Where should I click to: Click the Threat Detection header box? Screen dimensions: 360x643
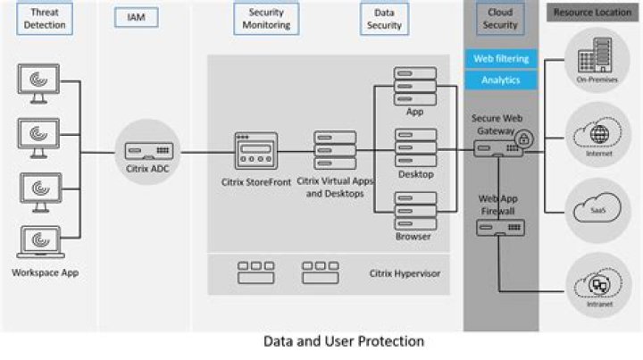coord(45,19)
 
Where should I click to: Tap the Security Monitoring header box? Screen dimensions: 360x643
coord(266,19)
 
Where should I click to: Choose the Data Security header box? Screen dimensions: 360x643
coord(385,19)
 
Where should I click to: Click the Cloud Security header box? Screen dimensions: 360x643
coord(500,19)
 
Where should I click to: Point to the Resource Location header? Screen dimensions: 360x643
coord(590,13)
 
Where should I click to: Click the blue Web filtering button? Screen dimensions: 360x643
coord(500,58)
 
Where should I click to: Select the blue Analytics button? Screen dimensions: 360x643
coord(500,80)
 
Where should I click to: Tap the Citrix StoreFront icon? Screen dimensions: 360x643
coord(255,151)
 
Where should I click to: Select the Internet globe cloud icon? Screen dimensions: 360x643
coord(594,135)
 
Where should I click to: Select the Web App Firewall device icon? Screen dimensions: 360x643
coord(500,228)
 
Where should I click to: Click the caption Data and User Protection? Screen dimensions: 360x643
coord(344,341)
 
